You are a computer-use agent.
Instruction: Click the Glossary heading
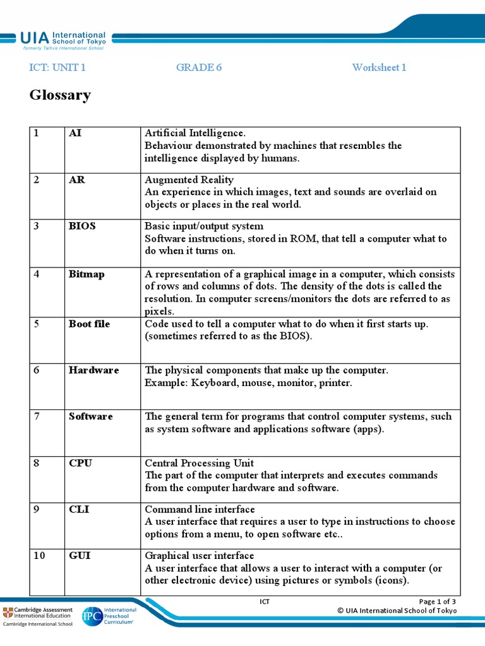60,95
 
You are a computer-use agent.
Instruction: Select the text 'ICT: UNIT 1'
57,68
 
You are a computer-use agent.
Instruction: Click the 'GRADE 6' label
199,68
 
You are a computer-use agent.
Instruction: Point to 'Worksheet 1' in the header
379,68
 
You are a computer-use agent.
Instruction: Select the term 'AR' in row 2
76,180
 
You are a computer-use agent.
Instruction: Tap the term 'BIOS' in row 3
82,226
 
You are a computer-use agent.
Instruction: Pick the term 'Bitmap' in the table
87,274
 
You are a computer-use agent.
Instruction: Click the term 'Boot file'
89,324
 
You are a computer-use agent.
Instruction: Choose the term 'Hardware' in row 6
93,370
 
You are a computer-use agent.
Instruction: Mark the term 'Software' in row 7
91,416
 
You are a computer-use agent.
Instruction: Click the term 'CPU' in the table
80,463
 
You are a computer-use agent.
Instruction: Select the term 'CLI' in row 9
79,509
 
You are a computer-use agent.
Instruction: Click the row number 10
40,556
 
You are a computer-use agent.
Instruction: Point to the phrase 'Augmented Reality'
189,180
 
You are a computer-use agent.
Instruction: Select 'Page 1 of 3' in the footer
438,601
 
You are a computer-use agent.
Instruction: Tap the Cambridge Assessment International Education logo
38,615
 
